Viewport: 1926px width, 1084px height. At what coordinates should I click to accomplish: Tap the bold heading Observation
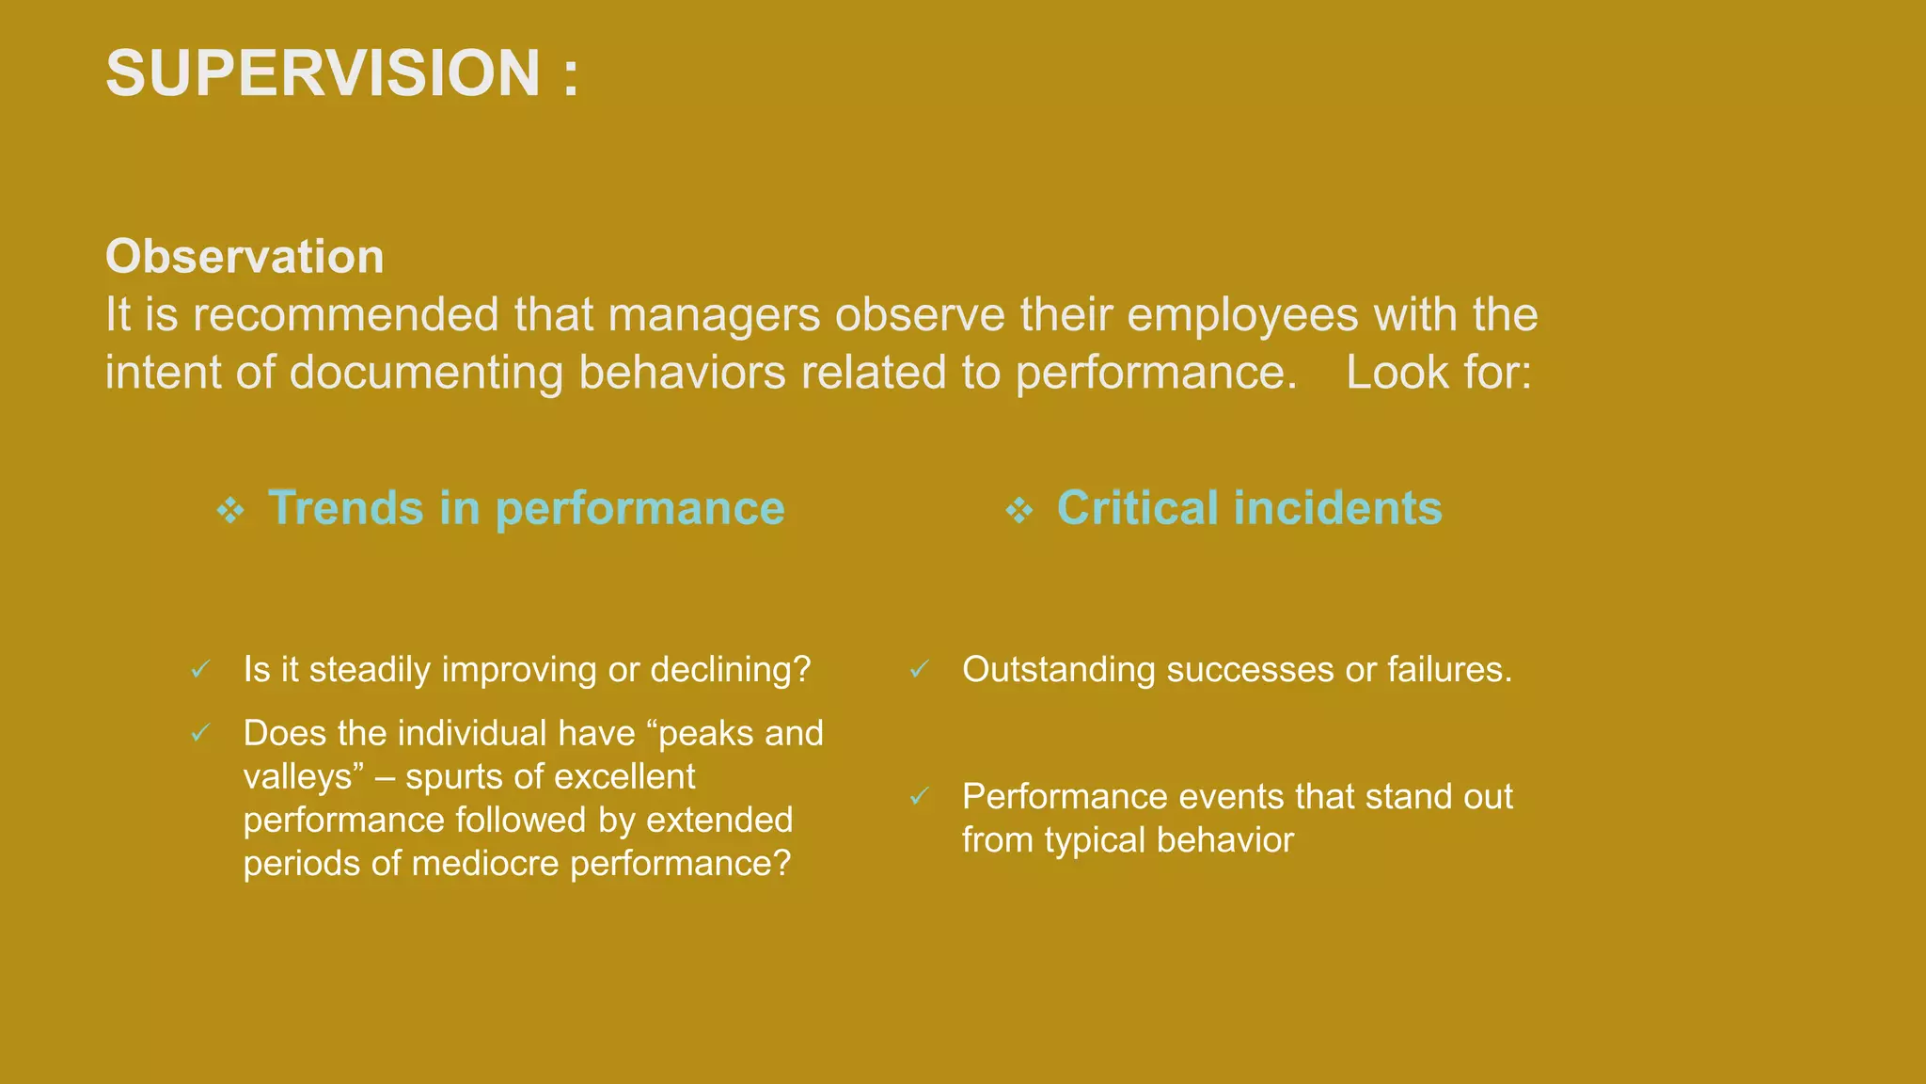point(245,257)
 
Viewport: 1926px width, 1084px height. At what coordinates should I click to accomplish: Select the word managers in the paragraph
point(714,315)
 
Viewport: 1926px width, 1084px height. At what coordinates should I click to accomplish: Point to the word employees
point(1242,315)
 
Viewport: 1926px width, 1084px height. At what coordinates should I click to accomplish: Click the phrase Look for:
point(1438,373)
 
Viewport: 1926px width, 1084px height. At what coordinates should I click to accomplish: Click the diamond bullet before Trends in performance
point(230,511)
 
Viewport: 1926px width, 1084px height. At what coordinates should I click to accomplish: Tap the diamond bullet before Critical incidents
point(1018,511)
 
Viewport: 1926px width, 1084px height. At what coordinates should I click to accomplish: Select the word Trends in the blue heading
point(345,508)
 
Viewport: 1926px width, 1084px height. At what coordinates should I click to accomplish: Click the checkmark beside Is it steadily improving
point(200,670)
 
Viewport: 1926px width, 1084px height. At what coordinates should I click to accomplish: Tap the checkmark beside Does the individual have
point(200,733)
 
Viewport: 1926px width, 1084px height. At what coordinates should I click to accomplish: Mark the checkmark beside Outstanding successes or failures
point(919,670)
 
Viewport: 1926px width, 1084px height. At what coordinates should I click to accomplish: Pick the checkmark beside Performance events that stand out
point(919,797)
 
